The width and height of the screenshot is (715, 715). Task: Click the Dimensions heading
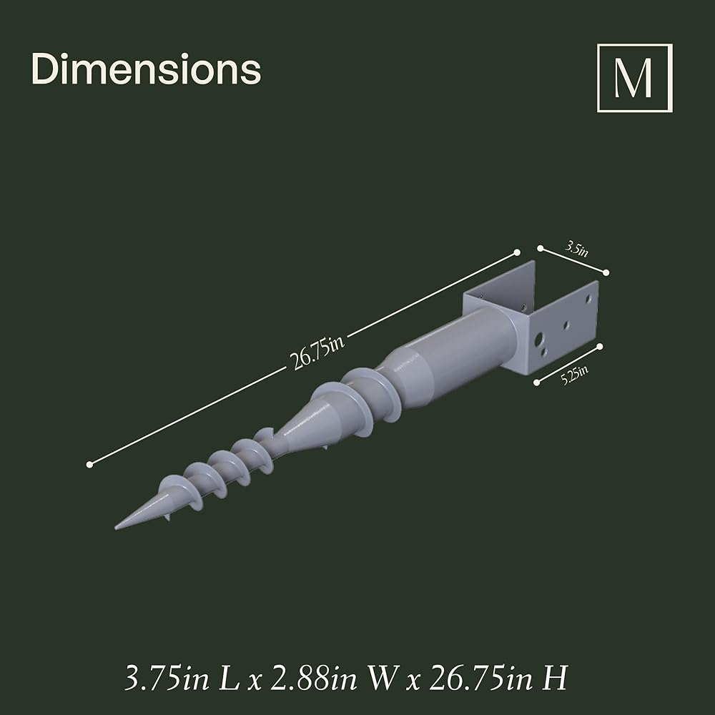point(146,69)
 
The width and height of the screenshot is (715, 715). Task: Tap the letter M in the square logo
point(633,78)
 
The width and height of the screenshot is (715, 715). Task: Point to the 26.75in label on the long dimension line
point(317,352)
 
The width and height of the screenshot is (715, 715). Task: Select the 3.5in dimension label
point(577,249)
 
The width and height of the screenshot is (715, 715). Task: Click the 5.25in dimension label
point(574,375)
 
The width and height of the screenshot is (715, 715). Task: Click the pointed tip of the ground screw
point(116,528)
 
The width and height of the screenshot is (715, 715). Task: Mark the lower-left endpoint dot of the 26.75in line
point(89,465)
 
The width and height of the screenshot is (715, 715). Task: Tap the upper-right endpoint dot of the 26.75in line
point(517,252)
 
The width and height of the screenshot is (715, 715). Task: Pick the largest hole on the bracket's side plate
point(539,339)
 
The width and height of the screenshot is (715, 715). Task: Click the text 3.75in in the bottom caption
point(167,678)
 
